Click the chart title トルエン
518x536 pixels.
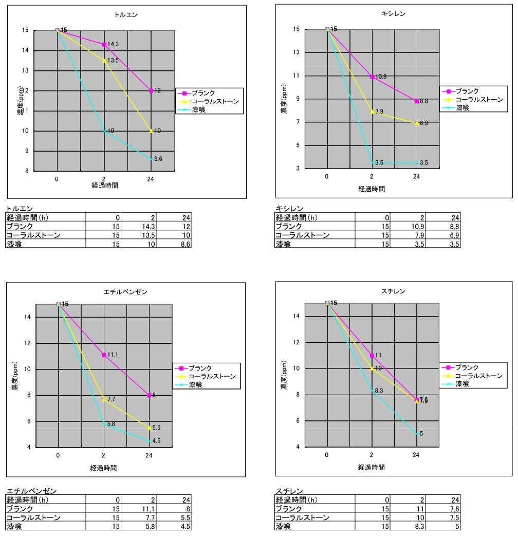click(126, 15)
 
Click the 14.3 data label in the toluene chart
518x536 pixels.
click(113, 45)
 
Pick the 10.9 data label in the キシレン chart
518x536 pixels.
click(381, 77)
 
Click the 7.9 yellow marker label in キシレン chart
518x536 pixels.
click(379, 112)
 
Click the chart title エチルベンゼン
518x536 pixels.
click(125, 292)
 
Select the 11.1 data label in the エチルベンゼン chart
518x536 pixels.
click(114, 355)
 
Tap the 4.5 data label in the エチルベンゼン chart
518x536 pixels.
click(157, 440)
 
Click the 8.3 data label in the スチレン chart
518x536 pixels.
click(379, 391)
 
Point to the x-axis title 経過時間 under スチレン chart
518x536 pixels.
click(372, 468)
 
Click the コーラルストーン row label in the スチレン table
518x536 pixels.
click(302, 517)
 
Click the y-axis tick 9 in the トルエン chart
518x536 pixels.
click(26, 151)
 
